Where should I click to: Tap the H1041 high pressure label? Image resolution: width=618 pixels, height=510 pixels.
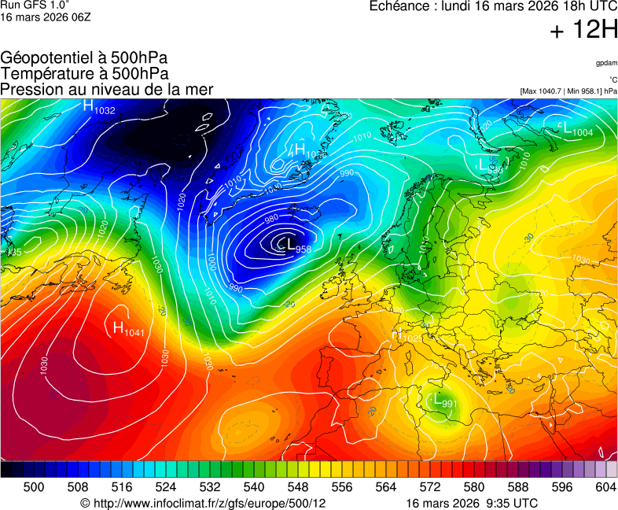(x=128, y=329)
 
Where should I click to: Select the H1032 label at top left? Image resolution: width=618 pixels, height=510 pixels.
(x=99, y=107)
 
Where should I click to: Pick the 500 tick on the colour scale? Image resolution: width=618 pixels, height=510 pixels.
(x=34, y=487)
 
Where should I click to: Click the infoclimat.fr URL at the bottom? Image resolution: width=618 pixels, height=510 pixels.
(x=204, y=503)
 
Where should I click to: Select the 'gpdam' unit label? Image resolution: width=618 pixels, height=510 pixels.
(x=606, y=63)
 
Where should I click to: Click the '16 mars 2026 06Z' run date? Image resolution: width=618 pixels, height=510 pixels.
(x=46, y=17)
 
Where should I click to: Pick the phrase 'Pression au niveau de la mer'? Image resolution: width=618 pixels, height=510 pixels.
(x=107, y=90)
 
